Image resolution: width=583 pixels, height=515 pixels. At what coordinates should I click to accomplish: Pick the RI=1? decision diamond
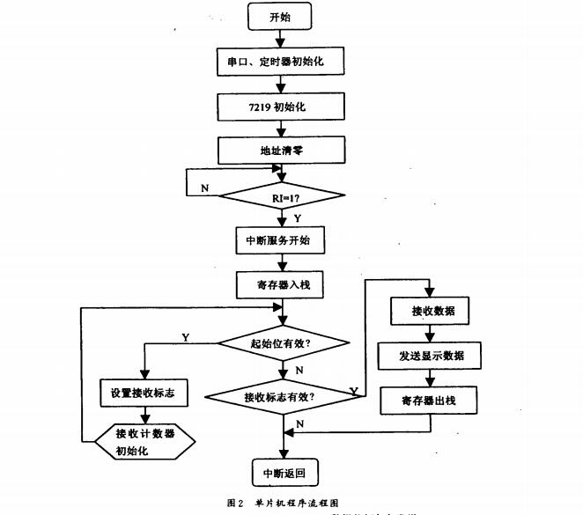[281, 195]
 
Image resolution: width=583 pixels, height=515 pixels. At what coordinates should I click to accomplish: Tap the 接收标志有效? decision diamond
[279, 396]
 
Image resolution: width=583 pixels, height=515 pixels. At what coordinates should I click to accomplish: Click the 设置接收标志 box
[143, 394]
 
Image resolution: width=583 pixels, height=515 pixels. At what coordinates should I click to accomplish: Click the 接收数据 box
[427, 312]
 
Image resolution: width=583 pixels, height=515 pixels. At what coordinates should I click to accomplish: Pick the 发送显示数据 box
[427, 357]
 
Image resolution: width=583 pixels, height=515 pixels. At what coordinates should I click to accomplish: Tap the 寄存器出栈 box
[427, 401]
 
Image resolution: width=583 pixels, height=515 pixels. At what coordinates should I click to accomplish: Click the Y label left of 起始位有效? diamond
[184, 336]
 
